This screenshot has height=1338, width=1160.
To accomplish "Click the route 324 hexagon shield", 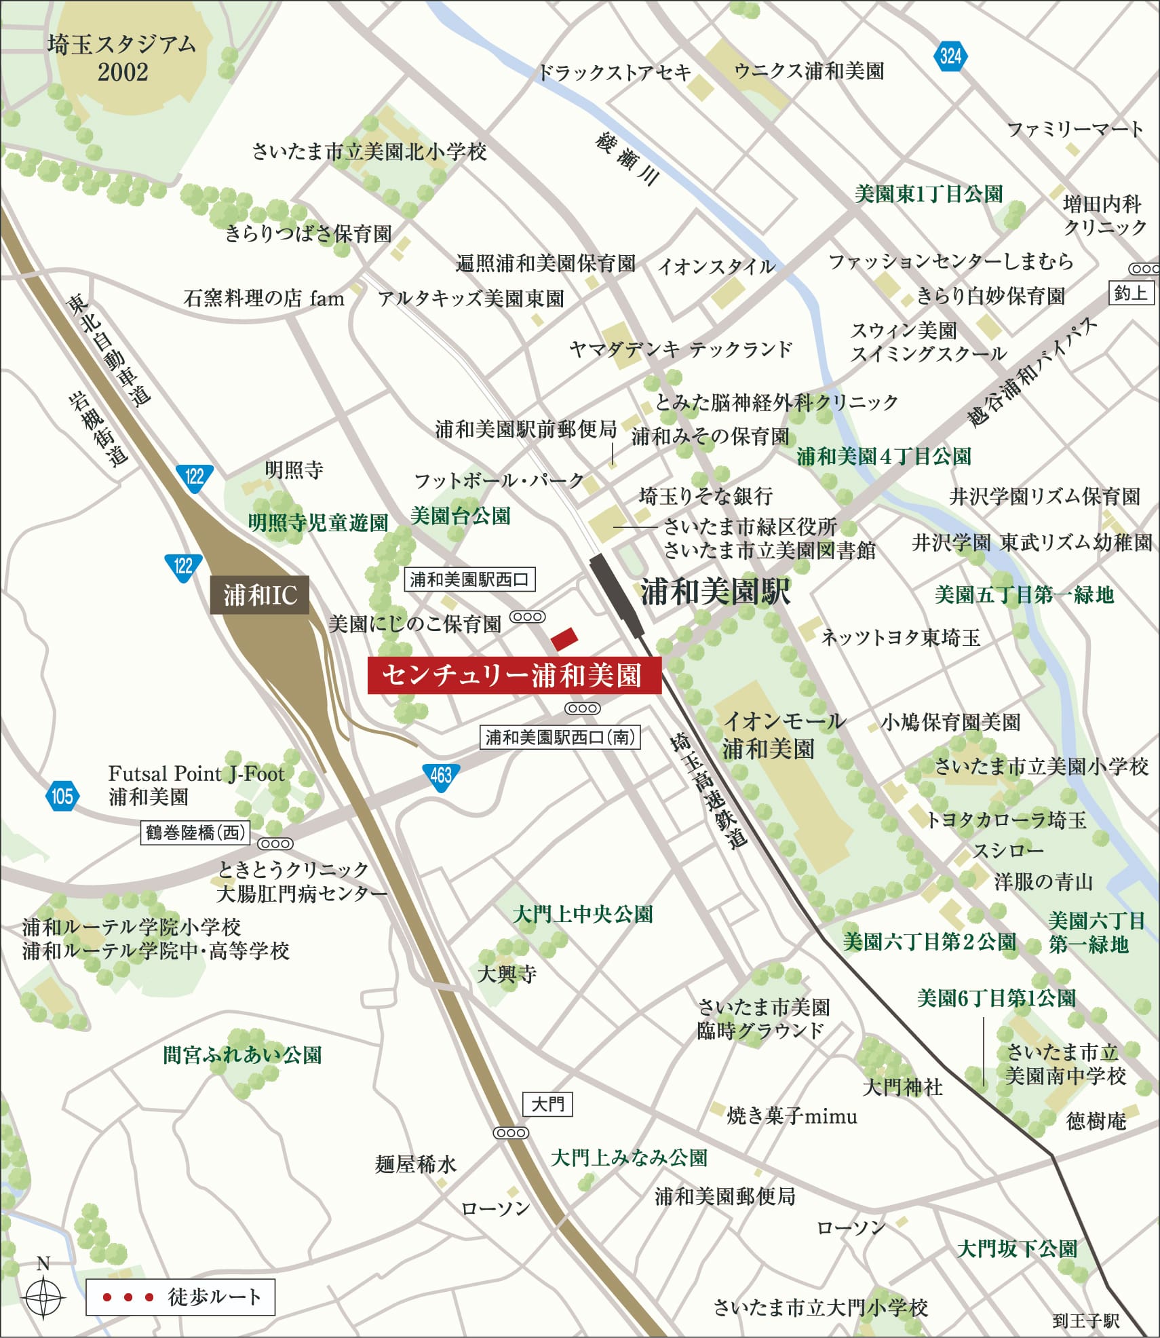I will click(950, 56).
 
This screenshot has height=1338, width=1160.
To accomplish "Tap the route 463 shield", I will click(441, 775).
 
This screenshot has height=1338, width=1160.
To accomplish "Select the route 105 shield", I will click(62, 796).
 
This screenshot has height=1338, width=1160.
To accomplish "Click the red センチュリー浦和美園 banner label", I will click(514, 675).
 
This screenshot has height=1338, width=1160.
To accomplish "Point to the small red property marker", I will click(564, 638).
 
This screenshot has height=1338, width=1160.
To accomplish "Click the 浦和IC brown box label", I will click(260, 595).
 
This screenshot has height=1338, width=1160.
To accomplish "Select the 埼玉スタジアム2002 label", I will click(122, 58).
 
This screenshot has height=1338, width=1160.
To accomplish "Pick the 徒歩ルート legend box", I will click(180, 1297).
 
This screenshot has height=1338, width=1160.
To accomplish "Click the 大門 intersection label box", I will click(547, 1104).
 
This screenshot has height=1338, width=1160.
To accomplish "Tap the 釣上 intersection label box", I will click(1131, 293).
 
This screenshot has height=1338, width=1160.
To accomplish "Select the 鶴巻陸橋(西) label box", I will click(195, 832).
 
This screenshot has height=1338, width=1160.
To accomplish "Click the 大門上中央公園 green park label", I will click(583, 914).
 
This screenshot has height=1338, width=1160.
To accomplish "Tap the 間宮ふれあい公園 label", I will click(242, 1055).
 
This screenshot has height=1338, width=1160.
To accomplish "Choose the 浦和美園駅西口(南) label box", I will click(560, 737).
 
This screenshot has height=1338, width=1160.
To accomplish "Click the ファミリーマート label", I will click(1075, 129).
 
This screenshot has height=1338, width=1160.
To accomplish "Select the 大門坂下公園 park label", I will click(1017, 1248).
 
